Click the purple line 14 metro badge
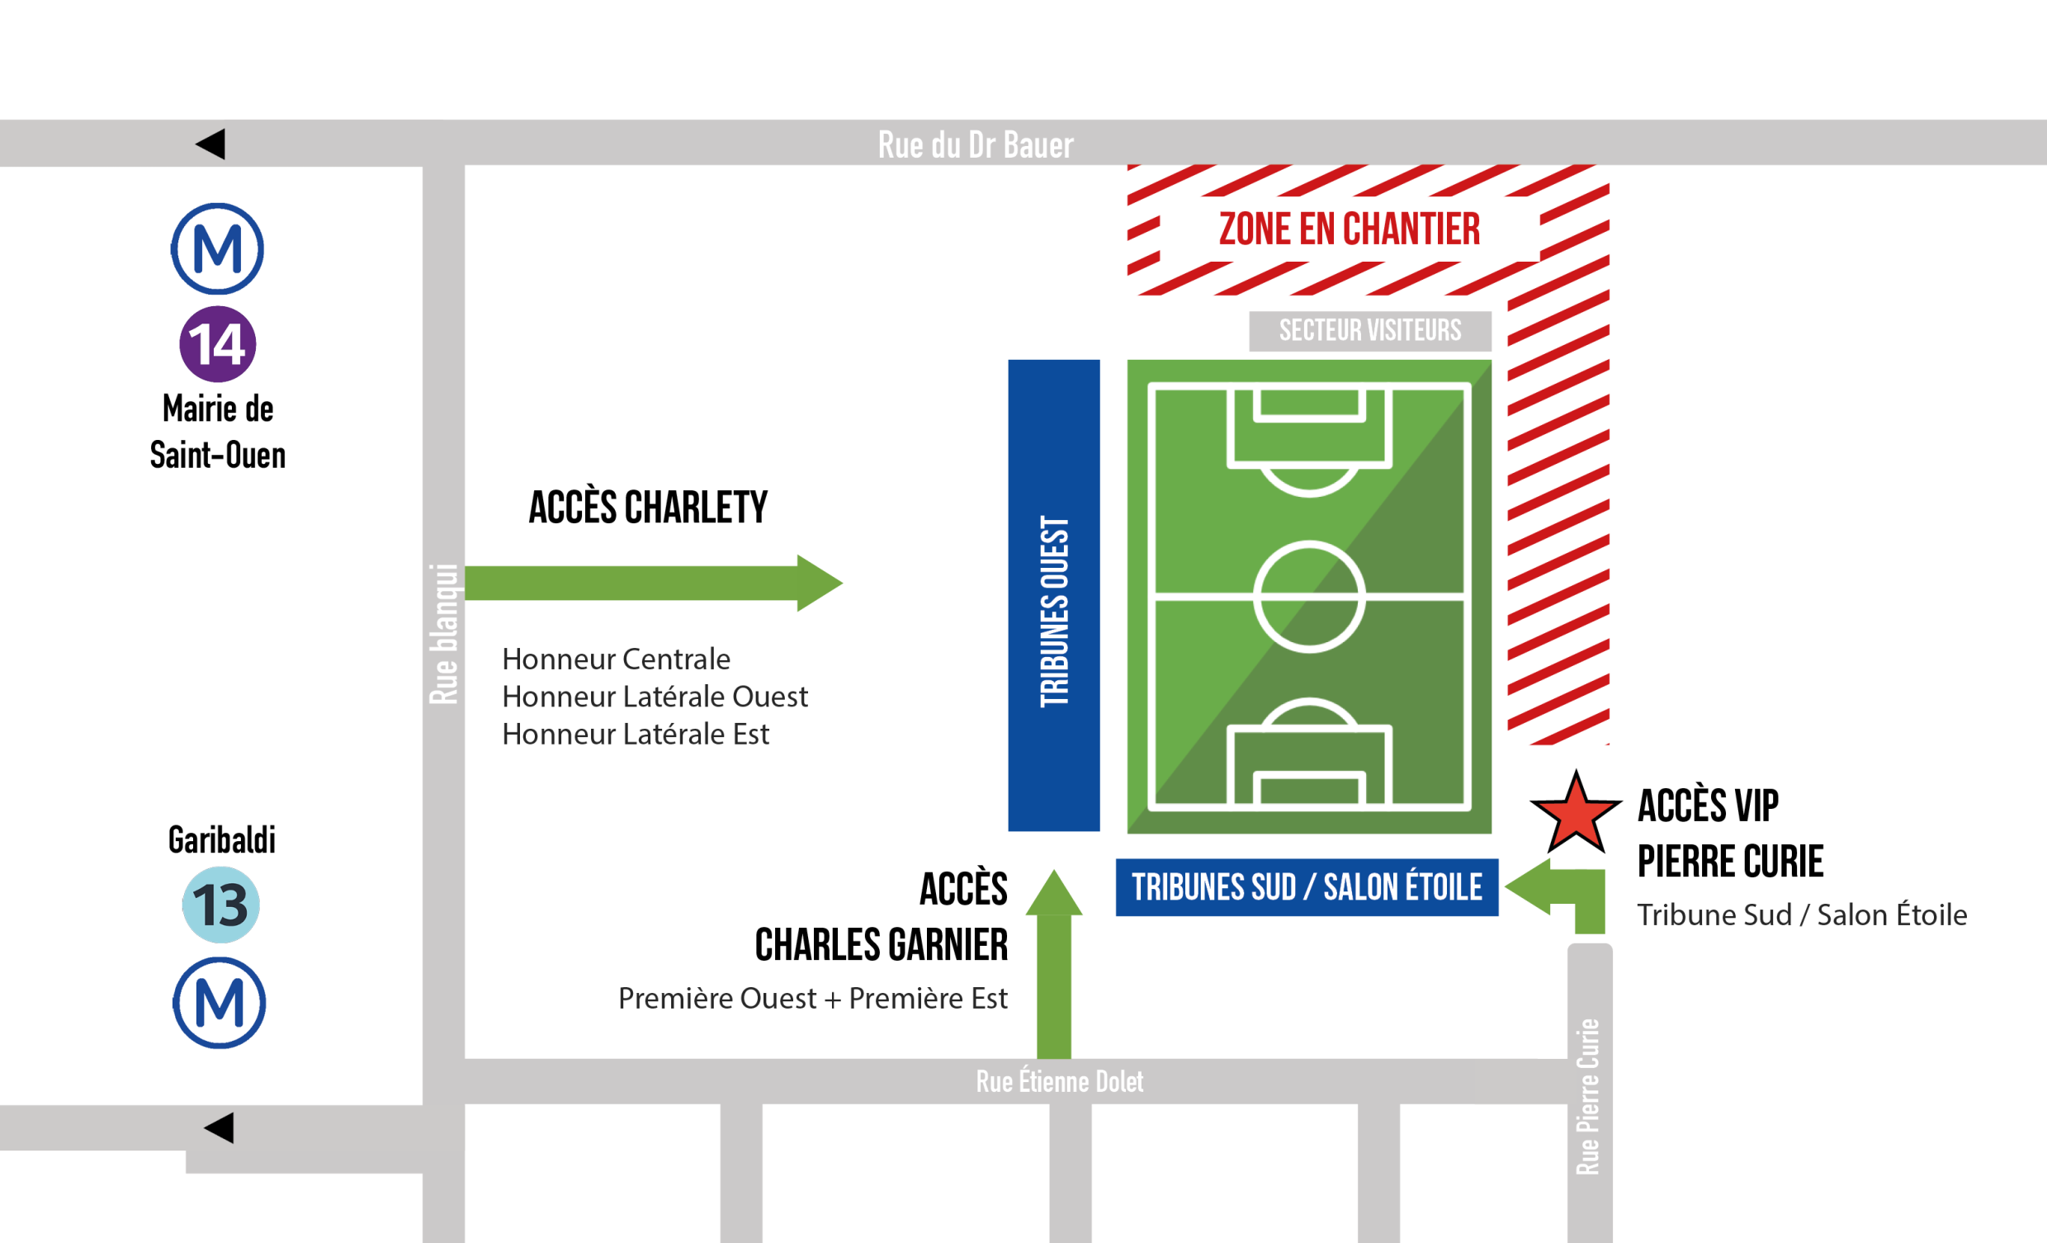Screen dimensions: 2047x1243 click(x=218, y=344)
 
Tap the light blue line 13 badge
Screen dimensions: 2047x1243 click(x=221, y=905)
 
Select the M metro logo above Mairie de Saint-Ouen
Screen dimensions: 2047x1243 click(x=218, y=248)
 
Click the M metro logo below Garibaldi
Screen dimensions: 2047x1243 click(x=220, y=1003)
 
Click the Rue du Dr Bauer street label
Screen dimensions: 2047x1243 click(x=976, y=144)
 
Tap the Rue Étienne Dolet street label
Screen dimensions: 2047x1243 click(x=1059, y=1081)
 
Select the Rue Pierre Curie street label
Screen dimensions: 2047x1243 click(x=1587, y=1096)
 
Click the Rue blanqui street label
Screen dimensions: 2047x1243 click(x=443, y=634)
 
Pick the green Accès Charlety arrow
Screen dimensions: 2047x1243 click(x=653, y=584)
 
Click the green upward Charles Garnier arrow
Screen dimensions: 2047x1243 click(x=1053, y=964)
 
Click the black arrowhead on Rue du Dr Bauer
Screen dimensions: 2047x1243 click(x=211, y=144)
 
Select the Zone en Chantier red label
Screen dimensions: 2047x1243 click(x=1350, y=229)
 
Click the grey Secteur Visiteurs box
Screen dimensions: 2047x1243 click(x=1370, y=331)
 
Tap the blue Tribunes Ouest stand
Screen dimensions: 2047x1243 click(x=1053, y=595)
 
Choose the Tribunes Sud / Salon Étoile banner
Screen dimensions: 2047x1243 click(x=1307, y=887)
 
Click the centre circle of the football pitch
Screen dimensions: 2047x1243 click(x=1308, y=596)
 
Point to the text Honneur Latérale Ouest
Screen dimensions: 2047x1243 click(x=655, y=697)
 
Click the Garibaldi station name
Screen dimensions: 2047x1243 click(x=222, y=840)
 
